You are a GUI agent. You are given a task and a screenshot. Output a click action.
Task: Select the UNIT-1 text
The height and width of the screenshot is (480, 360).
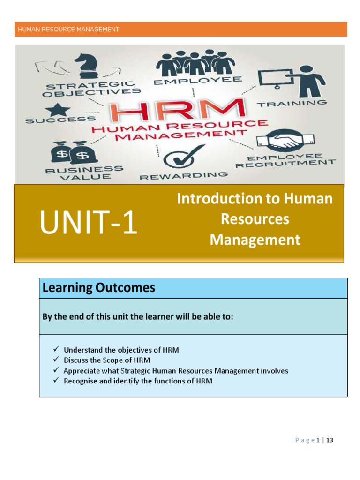89,224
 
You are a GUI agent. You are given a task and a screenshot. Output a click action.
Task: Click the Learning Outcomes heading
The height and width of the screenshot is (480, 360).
99,288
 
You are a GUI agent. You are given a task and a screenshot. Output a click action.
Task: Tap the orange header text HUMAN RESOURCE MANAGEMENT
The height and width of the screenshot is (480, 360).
68,30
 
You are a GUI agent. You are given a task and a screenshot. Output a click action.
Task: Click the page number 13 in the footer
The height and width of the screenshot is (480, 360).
330,440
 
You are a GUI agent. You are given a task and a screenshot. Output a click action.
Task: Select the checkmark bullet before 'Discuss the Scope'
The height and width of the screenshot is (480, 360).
55,360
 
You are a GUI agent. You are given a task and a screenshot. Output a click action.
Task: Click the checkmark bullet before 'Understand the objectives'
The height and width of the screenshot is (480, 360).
55,349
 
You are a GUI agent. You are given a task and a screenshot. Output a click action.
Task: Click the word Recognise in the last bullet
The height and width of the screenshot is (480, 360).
81,381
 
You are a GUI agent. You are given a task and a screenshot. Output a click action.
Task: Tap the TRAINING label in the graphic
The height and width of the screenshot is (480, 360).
292,103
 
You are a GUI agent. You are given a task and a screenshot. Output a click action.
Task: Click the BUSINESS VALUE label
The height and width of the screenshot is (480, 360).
84,173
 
